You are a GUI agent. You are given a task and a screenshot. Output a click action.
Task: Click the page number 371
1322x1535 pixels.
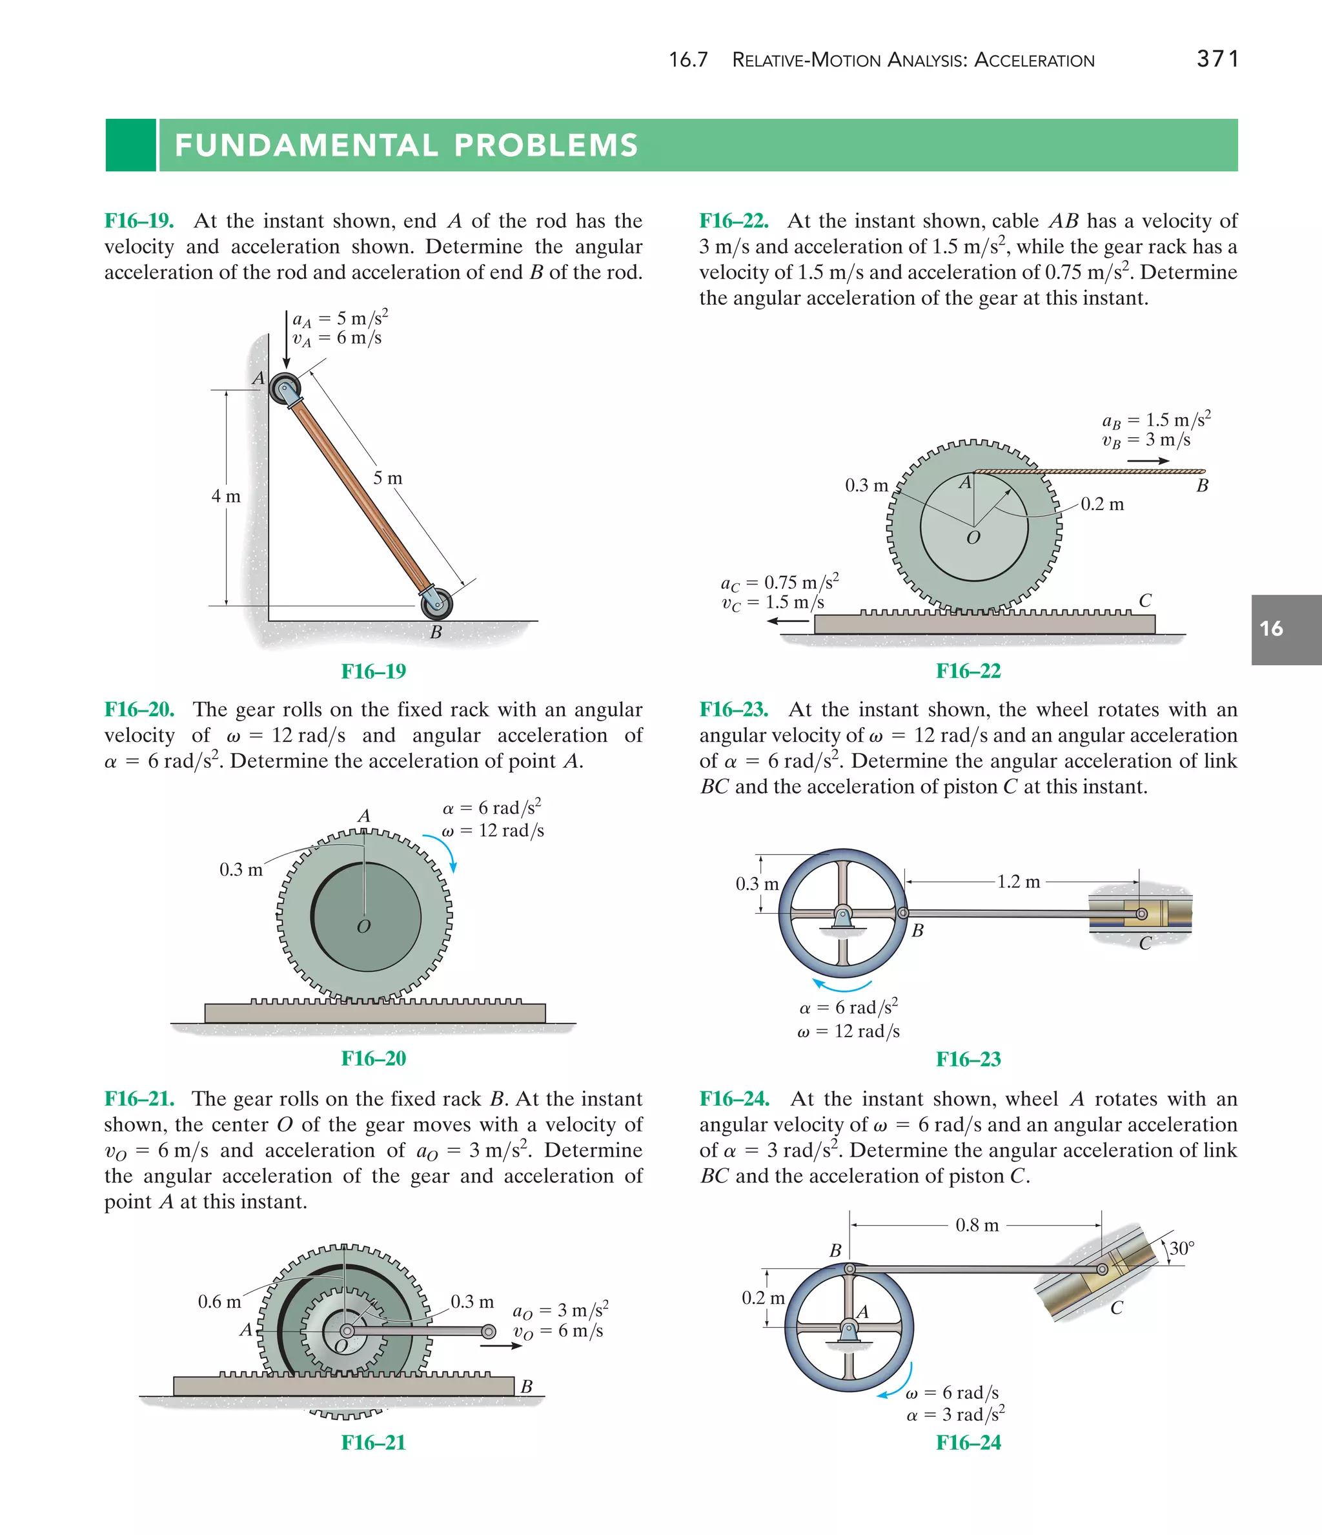(x=1217, y=59)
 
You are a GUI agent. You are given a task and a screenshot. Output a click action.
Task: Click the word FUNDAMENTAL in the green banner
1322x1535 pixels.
(x=306, y=145)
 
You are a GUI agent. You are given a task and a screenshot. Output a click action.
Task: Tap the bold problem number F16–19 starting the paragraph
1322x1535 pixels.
(x=139, y=221)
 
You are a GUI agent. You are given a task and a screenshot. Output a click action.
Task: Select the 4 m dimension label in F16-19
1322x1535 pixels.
(x=226, y=497)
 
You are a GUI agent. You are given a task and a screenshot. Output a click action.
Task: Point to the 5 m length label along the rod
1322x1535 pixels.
(x=387, y=479)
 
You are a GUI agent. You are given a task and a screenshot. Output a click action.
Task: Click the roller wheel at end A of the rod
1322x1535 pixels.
(x=285, y=388)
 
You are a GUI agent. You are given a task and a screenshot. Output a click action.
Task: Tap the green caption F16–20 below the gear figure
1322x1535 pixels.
(x=373, y=1058)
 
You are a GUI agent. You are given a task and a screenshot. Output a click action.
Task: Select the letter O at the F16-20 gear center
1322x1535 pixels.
(x=363, y=927)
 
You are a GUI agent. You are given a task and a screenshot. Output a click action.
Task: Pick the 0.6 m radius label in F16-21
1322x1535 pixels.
(x=219, y=1302)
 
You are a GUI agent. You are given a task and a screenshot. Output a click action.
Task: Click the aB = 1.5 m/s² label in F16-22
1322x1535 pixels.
(x=1156, y=420)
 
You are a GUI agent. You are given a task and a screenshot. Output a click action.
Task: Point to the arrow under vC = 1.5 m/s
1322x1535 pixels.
(x=788, y=621)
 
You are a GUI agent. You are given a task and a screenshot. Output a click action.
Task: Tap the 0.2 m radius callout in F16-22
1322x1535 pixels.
(x=1102, y=504)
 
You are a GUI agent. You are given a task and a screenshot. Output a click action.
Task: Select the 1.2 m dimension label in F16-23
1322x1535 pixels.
(x=1019, y=881)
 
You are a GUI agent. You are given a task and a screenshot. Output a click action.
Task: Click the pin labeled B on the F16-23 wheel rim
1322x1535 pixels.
(x=903, y=913)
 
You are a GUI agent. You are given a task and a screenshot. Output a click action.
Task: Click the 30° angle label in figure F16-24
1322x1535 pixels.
(x=1182, y=1248)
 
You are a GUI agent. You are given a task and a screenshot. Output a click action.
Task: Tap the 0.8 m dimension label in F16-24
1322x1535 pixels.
(x=977, y=1225)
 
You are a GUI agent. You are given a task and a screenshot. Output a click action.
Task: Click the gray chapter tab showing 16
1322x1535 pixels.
(x=1285, y=629)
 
